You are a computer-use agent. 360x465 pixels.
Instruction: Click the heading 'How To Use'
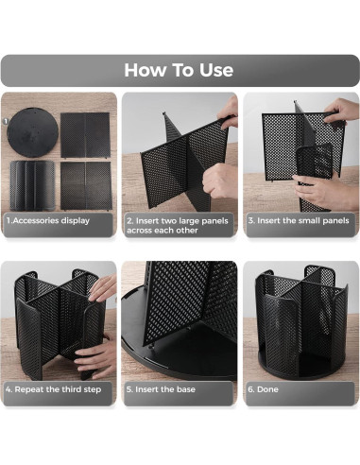point(180,70)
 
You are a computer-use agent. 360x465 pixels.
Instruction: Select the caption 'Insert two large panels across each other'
point(180,224)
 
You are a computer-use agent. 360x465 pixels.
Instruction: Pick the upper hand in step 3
point(342,113)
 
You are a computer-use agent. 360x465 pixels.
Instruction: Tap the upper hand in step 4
point(105,287)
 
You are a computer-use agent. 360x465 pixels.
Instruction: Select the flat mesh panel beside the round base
point(86,134)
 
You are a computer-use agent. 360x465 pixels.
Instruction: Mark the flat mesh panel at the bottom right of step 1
point(86,183)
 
